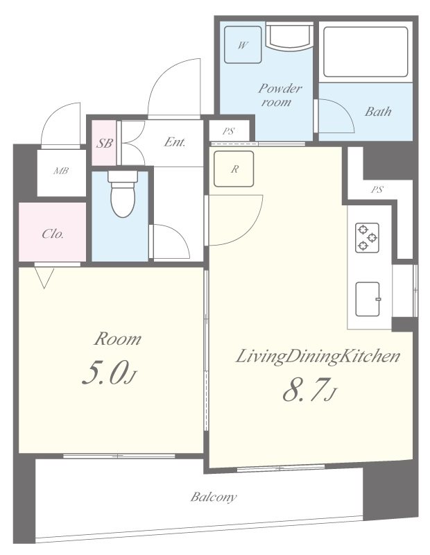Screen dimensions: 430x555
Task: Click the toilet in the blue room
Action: [x=123, y=194]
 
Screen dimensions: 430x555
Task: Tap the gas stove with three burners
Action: [x=367, y=237]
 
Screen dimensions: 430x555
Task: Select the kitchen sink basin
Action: [x=368, y=299]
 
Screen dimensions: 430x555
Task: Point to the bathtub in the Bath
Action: [x=365, y=51]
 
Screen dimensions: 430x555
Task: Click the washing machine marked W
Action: [x=243, y=44]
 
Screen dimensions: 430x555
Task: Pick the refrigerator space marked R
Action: [x=234, y=169]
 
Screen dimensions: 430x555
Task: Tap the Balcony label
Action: [x=214, y=497]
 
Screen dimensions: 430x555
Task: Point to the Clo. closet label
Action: [x=53, y=234]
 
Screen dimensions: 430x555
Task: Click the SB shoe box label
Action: [x=105, y=143]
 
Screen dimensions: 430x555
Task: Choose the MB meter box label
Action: [x=61, y=171]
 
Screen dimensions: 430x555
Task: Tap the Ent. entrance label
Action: [x=175, y=142]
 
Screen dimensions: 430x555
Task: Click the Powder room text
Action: [x=279, y=95]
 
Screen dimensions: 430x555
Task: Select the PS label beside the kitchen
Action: [x=377, y=189]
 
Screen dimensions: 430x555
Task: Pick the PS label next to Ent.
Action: [x=228, y=131]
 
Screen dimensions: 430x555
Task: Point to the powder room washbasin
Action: [x=289, y=37]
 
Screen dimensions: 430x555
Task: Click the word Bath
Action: [x=378, y=112]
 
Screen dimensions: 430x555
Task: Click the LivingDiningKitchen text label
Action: [x=318, y=356]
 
